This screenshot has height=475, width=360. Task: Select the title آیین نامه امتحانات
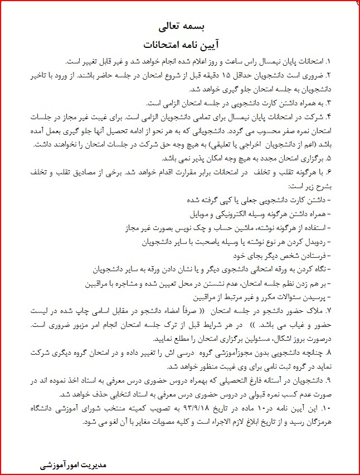180,43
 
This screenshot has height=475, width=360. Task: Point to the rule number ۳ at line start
343,104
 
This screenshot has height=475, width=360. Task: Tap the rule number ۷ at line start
343,309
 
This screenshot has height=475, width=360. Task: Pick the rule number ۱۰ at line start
342,412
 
